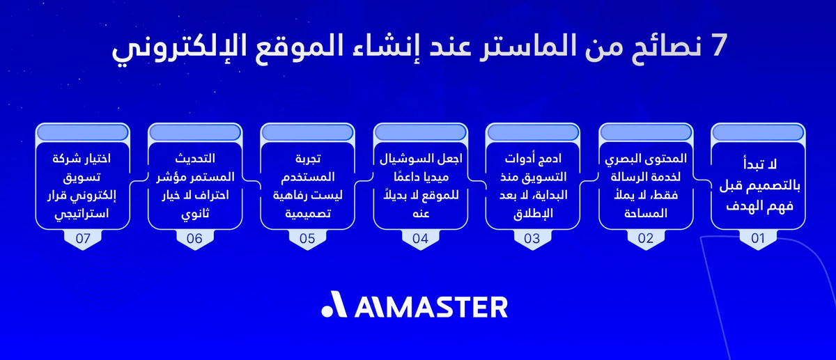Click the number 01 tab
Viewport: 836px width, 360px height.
758,238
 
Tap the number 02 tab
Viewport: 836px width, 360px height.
645,238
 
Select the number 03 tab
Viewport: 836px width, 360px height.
532,238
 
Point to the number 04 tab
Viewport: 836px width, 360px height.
420,238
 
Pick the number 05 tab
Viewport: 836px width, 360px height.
307,238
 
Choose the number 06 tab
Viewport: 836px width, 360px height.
194,238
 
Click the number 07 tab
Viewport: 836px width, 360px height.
82,238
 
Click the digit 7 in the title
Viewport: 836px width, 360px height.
716,48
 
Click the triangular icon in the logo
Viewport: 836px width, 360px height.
334,306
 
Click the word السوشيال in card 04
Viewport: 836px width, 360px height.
402,159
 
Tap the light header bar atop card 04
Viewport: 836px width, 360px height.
420,130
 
